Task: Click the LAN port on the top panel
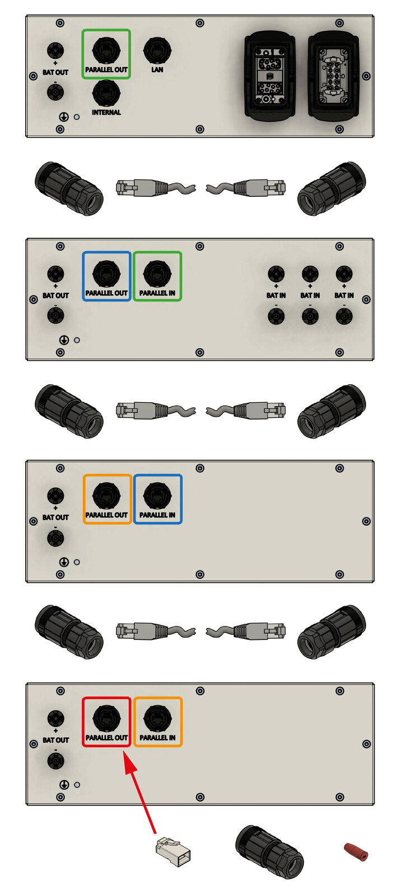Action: [157, 50]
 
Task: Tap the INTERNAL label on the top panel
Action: [106, 112]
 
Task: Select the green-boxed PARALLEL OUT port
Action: [106, 50]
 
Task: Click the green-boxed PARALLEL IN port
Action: [157, 274]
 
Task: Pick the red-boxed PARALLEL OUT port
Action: [106, 718]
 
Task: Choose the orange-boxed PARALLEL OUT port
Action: [106, 496]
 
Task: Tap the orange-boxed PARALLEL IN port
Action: [157, 718]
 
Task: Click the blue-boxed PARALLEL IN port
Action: [157, 496]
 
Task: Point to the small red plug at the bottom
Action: [356, 851]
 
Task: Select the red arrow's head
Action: [129, 762]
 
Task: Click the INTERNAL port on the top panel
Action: [106, 93]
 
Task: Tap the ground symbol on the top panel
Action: [64, 117]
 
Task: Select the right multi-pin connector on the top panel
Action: [333, 76]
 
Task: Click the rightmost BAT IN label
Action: [344, 296]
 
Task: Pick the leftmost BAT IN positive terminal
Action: [276, 274]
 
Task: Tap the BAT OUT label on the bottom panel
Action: [55, 740]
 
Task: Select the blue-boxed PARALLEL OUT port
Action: [106, 274]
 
